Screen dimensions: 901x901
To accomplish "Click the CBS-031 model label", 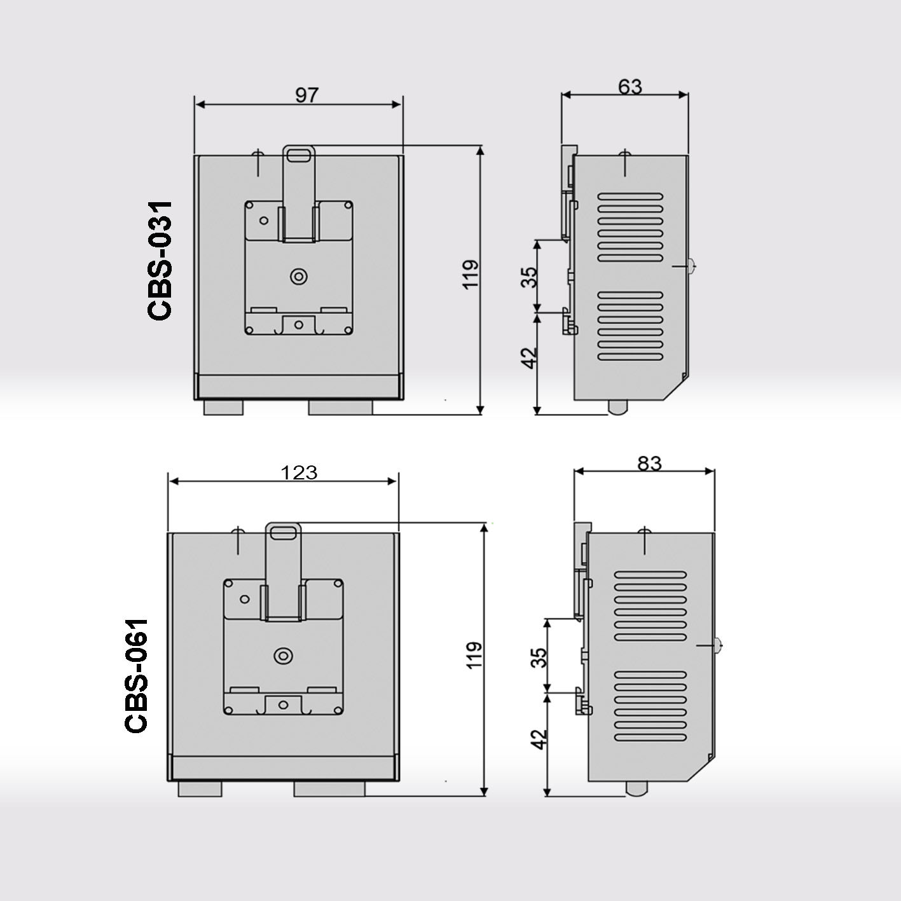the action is pyautogui.click(x=160, y=261).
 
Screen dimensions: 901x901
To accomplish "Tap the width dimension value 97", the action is pyautogui.click(x=306, y=95).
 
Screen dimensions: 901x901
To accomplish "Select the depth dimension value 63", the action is pyautogui.click(x=630, y=87).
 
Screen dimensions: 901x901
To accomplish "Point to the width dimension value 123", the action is pyautogui.click(x=299, y=472).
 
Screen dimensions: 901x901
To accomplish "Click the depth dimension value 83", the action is pyautogui.click(x=649, y=464).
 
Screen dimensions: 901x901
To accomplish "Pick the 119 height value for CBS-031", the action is pyautogui.click(x=471, y=275).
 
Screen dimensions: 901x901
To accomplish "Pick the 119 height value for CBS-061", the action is pyautogui.click(x=474, y=656).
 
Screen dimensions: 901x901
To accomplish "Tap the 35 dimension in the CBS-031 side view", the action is pyautogui.click(x=529, y=277).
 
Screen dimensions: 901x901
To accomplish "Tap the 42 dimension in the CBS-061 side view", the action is pyautogui.click(x=539, y=739).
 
